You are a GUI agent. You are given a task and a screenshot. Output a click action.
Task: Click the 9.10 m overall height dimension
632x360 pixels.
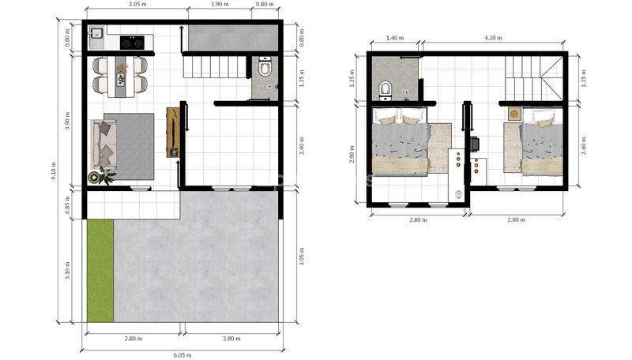54,171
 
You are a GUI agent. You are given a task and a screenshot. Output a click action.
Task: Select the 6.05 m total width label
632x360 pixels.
182,355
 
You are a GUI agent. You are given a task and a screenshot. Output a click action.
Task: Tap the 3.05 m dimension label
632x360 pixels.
137,5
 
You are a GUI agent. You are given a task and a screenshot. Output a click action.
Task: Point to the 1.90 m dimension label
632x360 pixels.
220,5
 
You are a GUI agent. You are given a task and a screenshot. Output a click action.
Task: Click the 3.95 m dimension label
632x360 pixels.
302,256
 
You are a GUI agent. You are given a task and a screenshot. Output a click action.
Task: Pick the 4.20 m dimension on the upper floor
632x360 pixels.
493,38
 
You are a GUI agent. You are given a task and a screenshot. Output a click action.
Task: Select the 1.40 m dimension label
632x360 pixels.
395,38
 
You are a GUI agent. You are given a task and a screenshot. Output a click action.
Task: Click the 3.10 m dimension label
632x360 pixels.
68,271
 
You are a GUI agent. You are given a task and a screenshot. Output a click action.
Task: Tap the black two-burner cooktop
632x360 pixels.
132,43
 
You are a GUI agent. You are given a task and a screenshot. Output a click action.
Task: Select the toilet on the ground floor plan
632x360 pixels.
265,66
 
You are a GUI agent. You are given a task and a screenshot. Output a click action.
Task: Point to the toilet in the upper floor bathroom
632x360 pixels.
386,91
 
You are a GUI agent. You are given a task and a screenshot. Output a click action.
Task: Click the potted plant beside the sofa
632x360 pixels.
107,175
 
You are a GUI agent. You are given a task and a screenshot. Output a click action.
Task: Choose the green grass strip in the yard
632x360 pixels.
100,271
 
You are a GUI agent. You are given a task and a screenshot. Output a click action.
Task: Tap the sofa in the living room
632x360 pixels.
103,145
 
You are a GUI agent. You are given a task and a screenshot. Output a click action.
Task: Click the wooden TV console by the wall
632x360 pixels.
173,133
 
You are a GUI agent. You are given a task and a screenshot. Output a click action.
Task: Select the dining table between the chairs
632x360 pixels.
120,77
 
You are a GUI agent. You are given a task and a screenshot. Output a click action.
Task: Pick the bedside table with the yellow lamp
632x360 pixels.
514,114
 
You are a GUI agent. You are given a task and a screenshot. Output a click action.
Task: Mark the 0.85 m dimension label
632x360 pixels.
68,204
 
